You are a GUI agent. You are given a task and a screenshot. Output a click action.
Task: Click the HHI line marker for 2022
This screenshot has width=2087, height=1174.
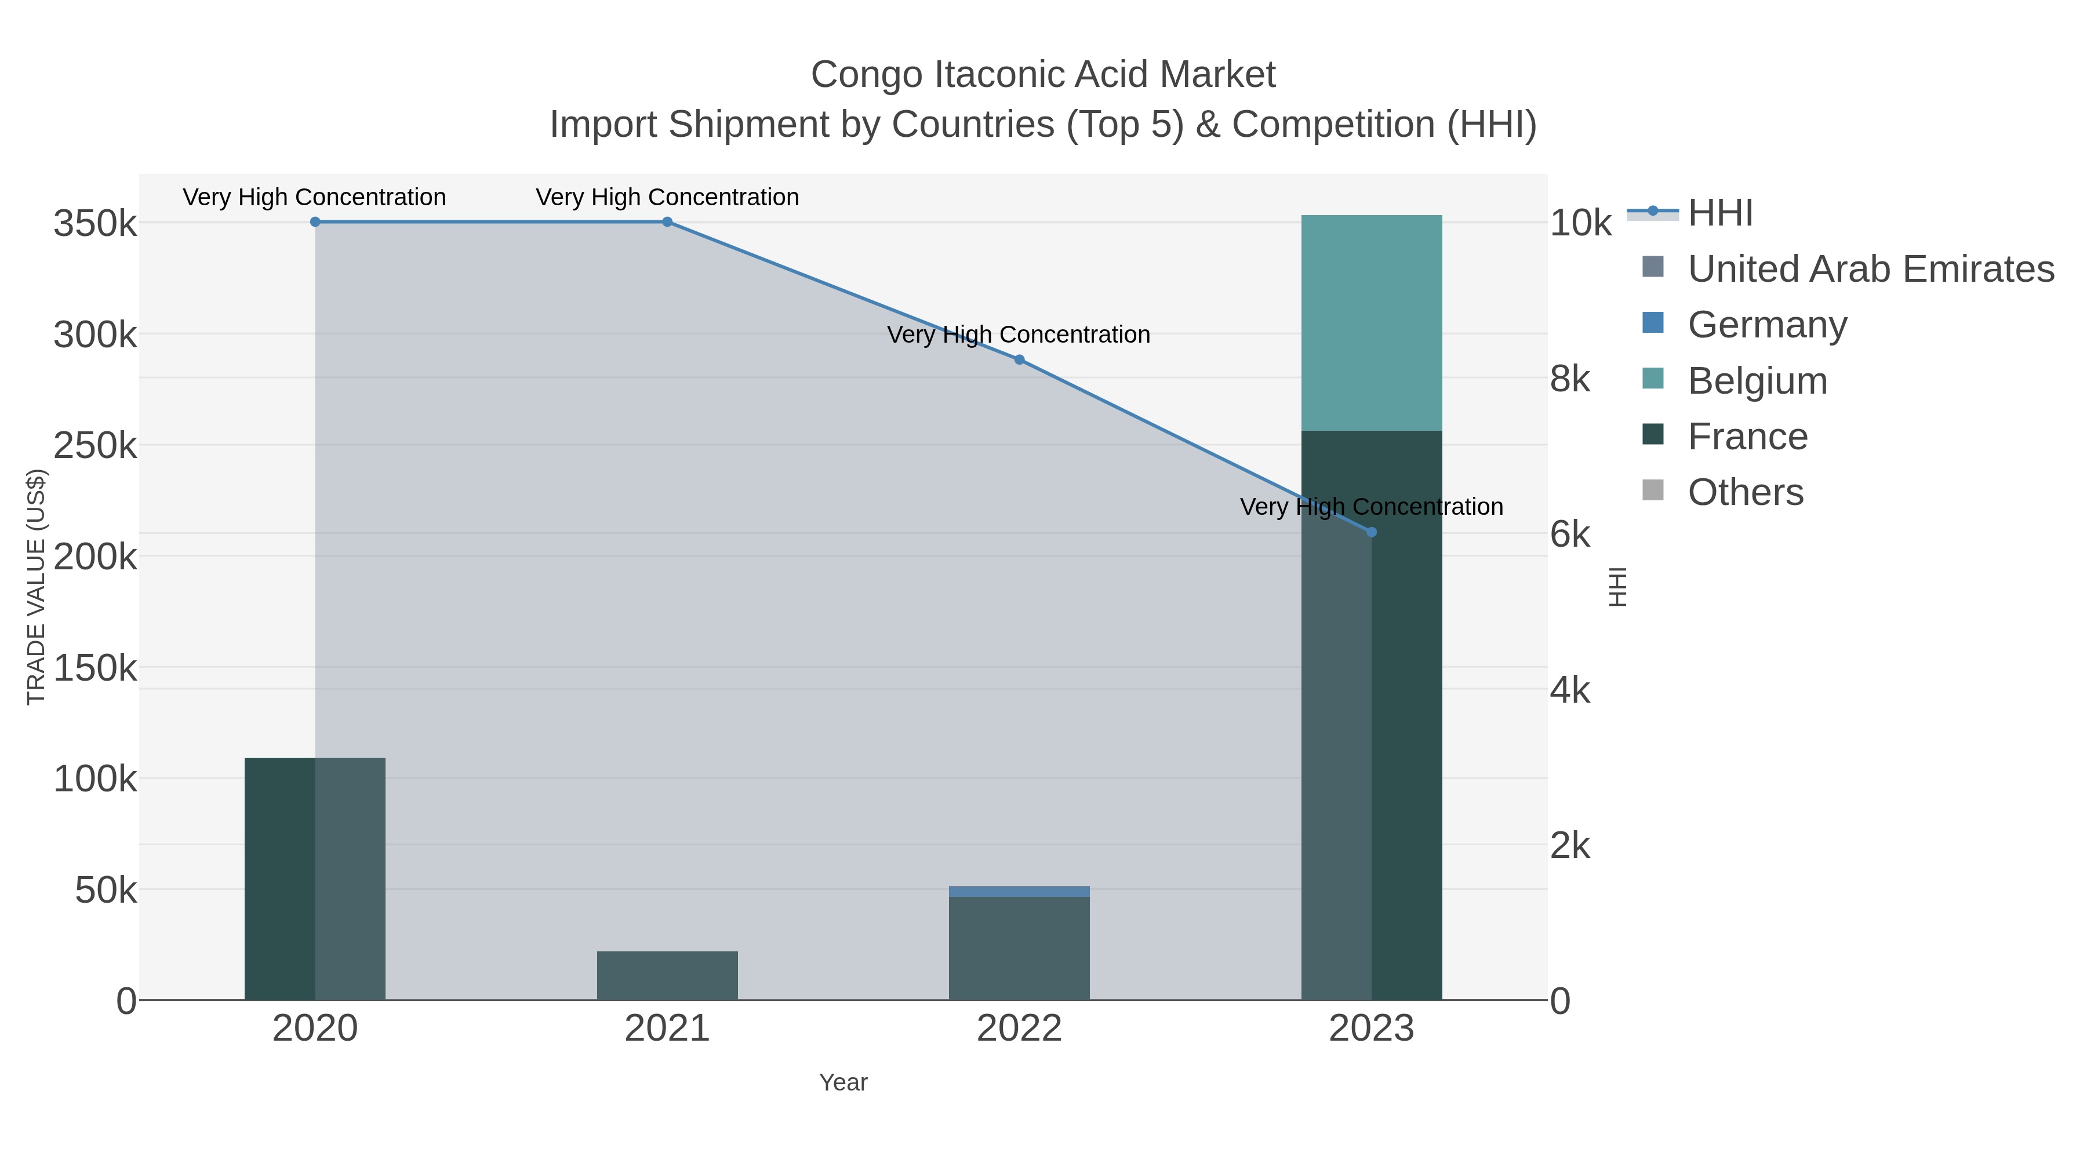pos(1019,359)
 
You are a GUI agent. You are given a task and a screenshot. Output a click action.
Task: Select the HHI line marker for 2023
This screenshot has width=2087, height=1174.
pos(1372,532)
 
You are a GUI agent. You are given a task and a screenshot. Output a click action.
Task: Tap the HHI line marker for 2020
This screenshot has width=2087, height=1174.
pos(315,222)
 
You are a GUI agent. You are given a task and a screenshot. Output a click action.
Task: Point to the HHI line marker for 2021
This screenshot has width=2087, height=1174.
pos(667,222)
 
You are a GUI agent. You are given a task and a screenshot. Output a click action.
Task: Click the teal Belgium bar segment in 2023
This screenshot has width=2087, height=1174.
pos(1372,322)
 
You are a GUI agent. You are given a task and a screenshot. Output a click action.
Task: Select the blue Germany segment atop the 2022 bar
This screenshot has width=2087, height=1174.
pos(1019,891)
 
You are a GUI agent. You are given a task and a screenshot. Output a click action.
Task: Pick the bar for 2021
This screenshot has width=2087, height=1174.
pos(667,976)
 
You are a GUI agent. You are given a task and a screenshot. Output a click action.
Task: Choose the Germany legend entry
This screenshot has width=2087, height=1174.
pos(1767,325)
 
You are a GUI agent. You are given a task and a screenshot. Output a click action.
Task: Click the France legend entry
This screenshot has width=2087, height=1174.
pos(1747,437)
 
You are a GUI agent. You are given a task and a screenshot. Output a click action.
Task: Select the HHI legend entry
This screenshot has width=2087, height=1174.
pos(1720,213)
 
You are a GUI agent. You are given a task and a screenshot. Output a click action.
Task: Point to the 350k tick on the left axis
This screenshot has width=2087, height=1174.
pos(95,224)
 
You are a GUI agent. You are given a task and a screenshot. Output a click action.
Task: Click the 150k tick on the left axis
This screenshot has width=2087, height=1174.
pos(95,668)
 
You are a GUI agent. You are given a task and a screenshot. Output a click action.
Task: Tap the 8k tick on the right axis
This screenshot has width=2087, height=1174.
pos(1569,379)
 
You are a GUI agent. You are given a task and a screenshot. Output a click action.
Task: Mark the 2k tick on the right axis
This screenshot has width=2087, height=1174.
pos(1569,846)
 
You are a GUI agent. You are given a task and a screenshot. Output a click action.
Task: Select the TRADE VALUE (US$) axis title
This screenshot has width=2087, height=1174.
pos(37,587)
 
